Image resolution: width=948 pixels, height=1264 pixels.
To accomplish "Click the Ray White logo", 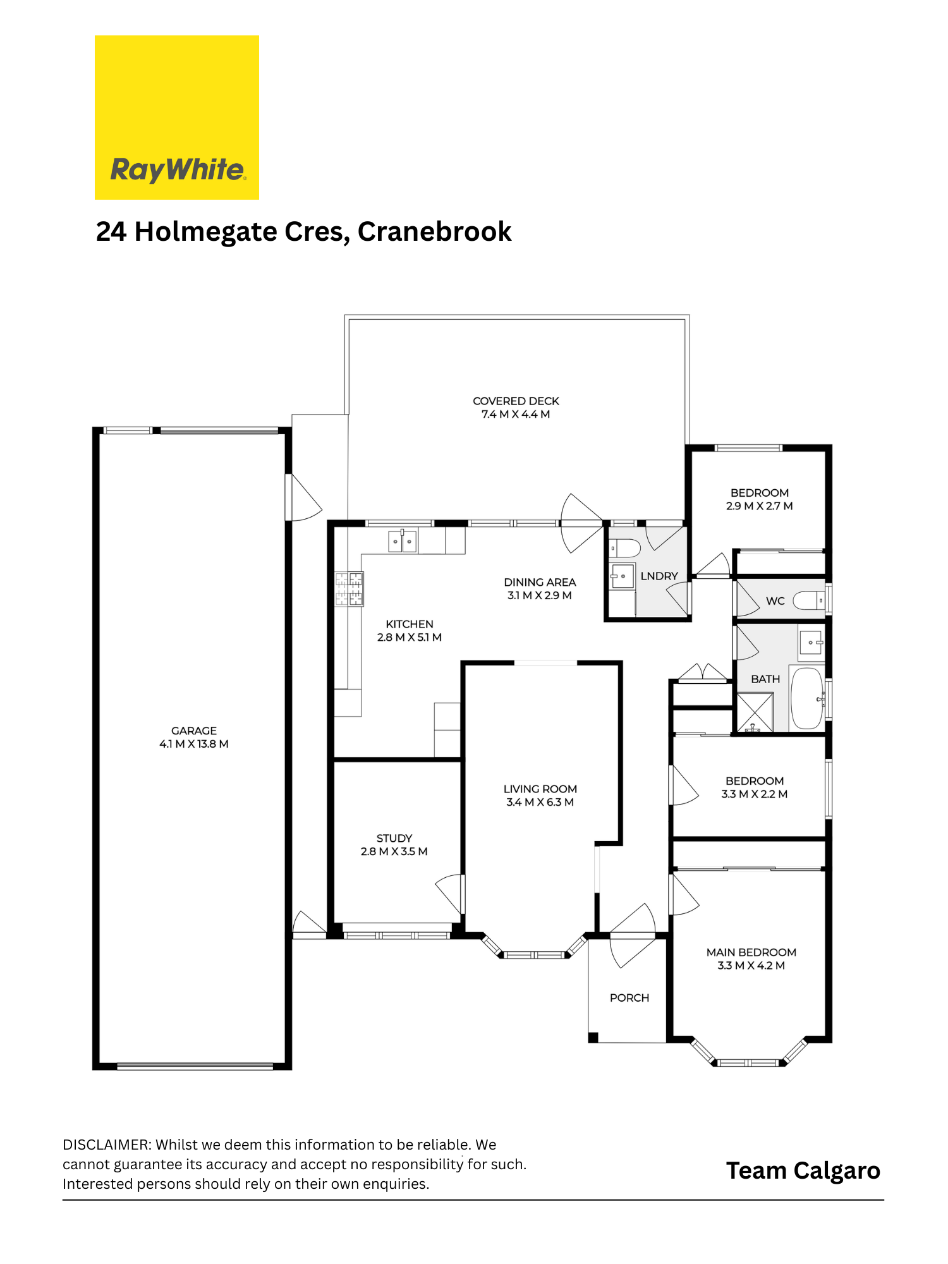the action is click(x=177, y=118).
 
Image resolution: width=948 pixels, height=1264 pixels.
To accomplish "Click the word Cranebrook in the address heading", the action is click(x=434, y=231).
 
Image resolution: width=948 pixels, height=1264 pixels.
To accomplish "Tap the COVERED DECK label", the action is click(x=516, y=401).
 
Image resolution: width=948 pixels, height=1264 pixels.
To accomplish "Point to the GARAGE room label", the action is click(x=194, y=731).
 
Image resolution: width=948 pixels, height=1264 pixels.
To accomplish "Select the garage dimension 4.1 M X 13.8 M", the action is click(x=194, y=744).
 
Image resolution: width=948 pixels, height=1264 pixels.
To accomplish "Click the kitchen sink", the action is click(x=402, y=541).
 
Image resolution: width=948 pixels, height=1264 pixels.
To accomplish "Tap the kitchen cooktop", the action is click(x=349, y=588).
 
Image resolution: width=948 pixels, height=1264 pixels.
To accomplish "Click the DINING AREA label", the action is click(x=540, y=582).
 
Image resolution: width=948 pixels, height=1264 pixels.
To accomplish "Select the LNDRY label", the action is click(x=659, y=576).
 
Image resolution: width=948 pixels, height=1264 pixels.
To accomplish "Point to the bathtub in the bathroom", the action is click(x=807, y=698).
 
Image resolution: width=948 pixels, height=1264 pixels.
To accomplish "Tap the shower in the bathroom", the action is click(x=755, y=712).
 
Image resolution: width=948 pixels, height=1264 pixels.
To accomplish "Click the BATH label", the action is click(x=765, y=679).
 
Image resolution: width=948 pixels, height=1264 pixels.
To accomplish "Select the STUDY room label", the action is click(x=394, y=838).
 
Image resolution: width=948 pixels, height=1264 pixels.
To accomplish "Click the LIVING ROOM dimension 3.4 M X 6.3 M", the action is click(x=540, y=802).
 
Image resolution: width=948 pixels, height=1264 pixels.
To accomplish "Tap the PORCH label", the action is click(x=629, y=998).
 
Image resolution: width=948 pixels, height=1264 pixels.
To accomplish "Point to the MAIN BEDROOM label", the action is click(x=751, y=952).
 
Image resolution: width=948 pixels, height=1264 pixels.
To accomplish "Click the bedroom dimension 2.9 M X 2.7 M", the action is click(x=760, y=506).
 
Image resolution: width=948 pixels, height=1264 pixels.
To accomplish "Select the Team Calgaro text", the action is click(x=803, y=1171).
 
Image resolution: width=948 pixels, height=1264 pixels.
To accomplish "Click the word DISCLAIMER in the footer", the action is click(x=107, y=1145).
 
